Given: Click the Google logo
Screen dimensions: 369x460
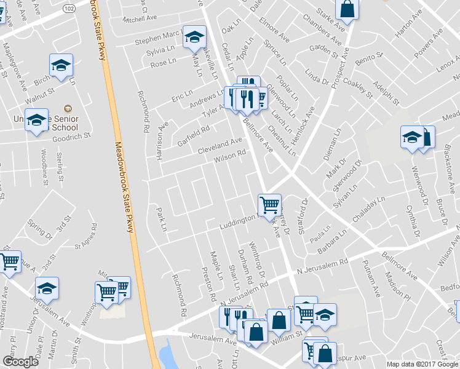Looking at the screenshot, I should (x=20, y=362).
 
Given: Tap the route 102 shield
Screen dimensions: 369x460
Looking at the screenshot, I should (x=69, y=9).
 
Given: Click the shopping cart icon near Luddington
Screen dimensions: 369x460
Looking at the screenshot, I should (x=269, y=205).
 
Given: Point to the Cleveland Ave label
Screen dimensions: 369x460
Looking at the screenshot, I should (x=220, y=146).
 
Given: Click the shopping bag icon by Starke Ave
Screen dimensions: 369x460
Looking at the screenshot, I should (x=347, y=9).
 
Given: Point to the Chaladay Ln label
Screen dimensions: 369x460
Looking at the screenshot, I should (x=368, y=210).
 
